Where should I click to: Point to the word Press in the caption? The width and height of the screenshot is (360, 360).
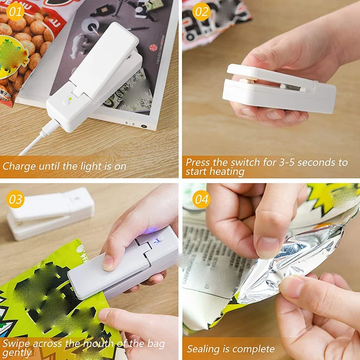click(x=198, y=162)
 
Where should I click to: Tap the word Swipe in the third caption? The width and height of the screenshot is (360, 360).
click(x=14, y=344)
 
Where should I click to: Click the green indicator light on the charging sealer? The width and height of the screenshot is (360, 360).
click(x=70, y=96)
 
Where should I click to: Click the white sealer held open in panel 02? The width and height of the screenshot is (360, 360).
click(x=279, y=90)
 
